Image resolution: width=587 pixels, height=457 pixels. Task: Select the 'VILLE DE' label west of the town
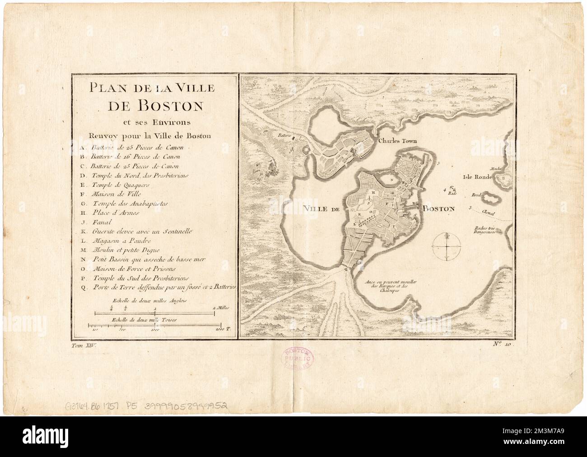pos(321,208)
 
